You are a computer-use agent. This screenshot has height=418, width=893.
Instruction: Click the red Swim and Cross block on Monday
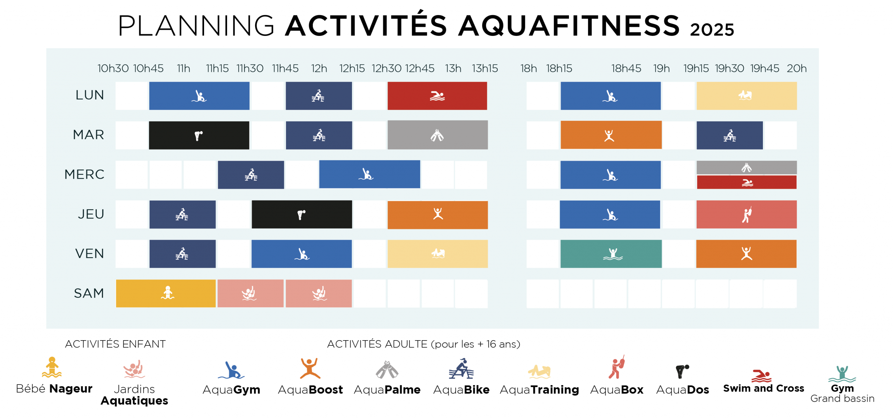pos(437,96)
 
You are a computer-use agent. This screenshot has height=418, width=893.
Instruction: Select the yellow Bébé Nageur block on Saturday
pos(166,293)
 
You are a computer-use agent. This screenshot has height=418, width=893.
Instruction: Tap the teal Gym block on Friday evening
pos(611,254)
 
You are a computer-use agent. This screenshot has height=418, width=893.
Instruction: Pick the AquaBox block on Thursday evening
pos(746,214)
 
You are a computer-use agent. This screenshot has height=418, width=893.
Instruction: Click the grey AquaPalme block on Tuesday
pos(437,135)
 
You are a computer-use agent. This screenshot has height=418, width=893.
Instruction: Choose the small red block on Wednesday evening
pos(746,182)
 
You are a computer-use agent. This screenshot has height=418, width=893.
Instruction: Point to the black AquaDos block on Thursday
pos(302,214)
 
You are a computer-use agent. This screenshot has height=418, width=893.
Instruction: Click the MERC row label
pos(84,174)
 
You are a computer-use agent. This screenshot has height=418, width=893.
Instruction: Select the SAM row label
pos(89,293)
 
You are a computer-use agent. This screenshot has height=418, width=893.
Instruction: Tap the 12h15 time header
pos(352,68)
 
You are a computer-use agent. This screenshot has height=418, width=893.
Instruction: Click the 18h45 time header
pos(626,68)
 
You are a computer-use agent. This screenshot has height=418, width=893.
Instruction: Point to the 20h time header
pos(796,68)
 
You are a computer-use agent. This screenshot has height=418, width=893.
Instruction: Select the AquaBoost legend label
pos(310,389)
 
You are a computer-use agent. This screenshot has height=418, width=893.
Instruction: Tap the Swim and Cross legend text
pos(763,388)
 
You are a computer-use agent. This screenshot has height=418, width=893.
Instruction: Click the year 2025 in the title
pos(712,29)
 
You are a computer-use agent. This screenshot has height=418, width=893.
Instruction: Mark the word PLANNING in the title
pos(196,26)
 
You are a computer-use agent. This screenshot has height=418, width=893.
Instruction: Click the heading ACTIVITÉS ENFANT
pos(115,344)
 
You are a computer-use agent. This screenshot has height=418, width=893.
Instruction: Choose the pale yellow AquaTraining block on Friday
pos(437,254)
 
